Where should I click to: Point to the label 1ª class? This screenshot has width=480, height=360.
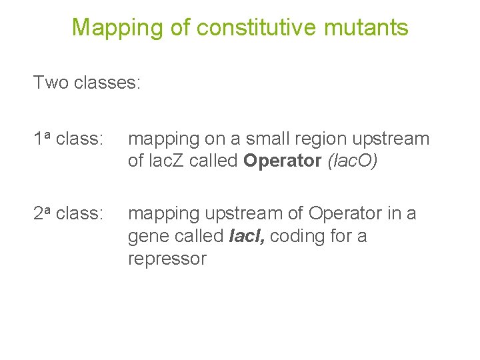[x=69, y=139]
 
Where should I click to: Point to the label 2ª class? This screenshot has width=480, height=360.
[x=69, y=213]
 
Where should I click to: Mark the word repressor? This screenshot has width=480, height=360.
[x=167, y=259]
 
